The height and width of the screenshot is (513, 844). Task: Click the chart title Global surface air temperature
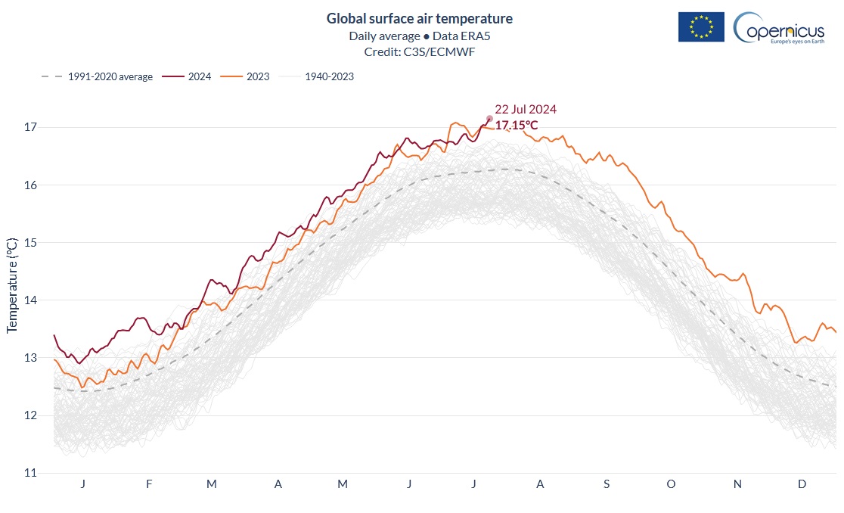[419, 18]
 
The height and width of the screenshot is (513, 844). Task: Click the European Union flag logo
[701, 27]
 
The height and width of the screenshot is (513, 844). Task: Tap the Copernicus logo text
[783, 30]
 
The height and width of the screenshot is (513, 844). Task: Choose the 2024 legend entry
[189, 76]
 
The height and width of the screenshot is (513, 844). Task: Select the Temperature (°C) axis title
[12, 284]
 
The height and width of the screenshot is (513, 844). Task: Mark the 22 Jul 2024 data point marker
[489, 119]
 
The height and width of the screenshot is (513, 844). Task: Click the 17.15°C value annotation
[517, 125]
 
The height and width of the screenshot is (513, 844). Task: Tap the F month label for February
[149, 484]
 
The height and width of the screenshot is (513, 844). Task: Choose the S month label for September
[606, 484]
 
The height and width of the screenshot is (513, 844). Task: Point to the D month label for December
[802, 484]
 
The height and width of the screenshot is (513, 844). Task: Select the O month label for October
[671, 484]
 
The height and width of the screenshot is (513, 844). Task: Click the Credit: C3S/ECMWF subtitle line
[419, 51]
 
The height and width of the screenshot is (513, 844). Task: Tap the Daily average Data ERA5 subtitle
[419, 36]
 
